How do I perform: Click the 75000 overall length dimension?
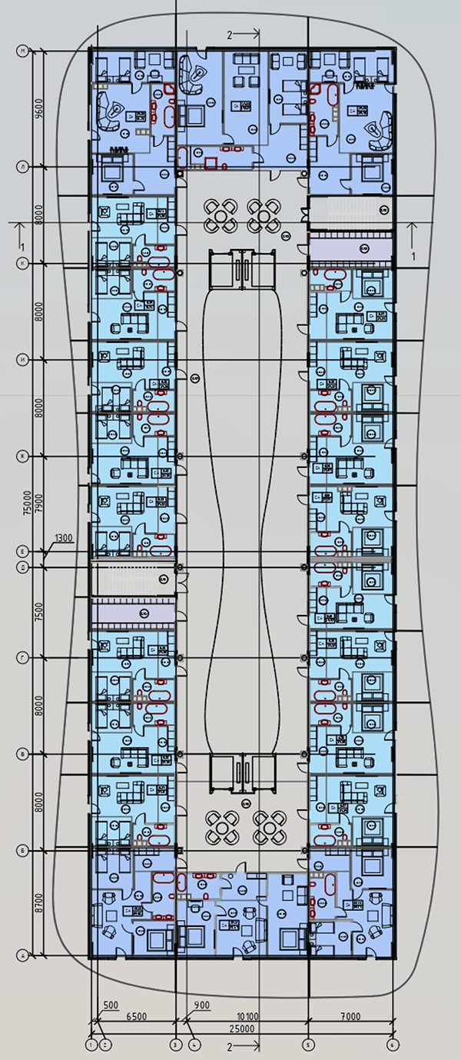pos(28,503)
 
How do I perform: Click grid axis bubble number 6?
pos(393,1044)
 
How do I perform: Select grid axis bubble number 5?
pos(309,1044)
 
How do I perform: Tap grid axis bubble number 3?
pos(175,1044)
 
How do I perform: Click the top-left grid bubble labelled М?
pos(23,51)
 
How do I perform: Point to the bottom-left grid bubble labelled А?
pos(23,955)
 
